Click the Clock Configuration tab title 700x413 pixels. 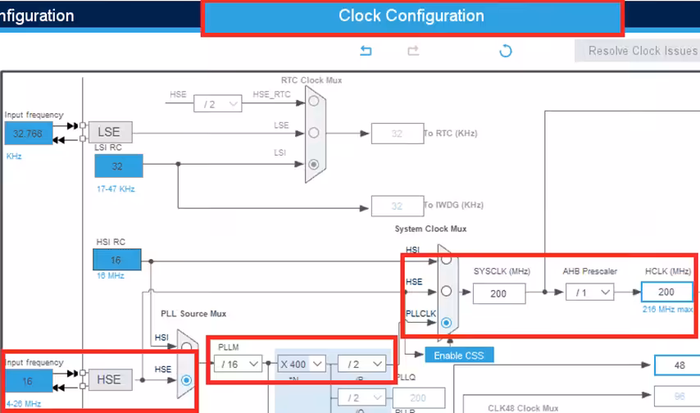pyautogui.click(x=411, y=16)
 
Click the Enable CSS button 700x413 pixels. pyautogui.click(x=459, y=355)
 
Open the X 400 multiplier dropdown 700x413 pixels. pyautogui.click(x=300, y=363)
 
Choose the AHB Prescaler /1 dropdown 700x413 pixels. pyautogui.click(x=589, y=292)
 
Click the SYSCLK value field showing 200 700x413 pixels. pyautogui.click(x=498, y=292)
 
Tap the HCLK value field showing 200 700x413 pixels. pyautogui.click(x=666, y=292)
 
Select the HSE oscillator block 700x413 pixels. pyautogui.click(x=109, y=379)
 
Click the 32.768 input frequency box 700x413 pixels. pyautogui.click(x=29, y=134)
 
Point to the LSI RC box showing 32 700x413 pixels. pyautogui.click(x=118, y=166)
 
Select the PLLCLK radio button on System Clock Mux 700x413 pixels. pyautogui.click(x=446, y=323)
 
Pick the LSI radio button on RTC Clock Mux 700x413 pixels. pyautogui.click(x=314, y=164)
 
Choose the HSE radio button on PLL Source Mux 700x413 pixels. pyautogui.click(x=186, y=379)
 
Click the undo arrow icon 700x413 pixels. pyautogui.click(x=366, y=51)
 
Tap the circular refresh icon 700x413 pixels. pyautogui.click(x=506, y=51)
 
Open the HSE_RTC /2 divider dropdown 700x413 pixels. pyautogui.click(x=217, y=104)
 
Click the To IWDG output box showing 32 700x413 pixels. pyautogui.click(x=397, y=206)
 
